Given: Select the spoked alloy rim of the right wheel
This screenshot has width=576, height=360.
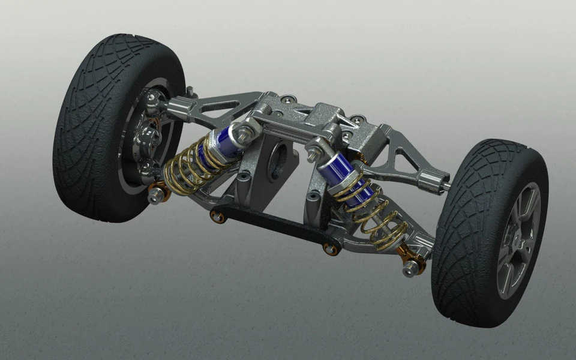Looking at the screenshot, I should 518,240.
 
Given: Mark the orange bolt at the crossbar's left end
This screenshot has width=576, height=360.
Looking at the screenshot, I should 217,216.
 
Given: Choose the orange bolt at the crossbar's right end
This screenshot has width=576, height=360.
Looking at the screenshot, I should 329,247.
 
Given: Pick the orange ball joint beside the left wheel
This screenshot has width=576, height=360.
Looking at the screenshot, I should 157,193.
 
